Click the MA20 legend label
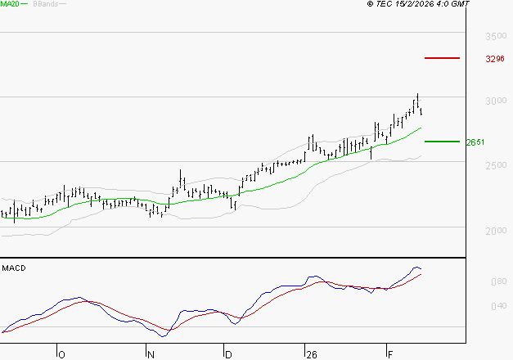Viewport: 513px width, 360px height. pyautogui.click(x=11, y=4)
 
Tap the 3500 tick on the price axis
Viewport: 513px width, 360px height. pyautogui.click(x=495, y=37)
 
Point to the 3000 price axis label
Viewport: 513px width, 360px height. pyautogui.click(x=495, y=101)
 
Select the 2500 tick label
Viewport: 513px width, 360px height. pyautogui.click(x=495, y=166)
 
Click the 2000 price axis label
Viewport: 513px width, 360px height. pyautogui.click(x=495, y=231)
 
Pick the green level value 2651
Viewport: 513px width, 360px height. pyautogui.click(x=475, y=142)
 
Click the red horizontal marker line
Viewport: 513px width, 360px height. pyautogui.click(x=443, y=58)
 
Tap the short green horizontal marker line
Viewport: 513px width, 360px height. pyautogui.click(x=443, y=142)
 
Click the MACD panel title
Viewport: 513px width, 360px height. pyautogui.click(x=13, y=268)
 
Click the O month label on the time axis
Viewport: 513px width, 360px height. pyautogui.click(x=61, y=354)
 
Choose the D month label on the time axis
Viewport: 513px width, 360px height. pyautogui.click(x=229, y=354)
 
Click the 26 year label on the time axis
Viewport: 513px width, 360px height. pyautogui.click(x=311, y=354)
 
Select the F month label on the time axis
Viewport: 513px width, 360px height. pyautogui.click(x=389, y=354)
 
